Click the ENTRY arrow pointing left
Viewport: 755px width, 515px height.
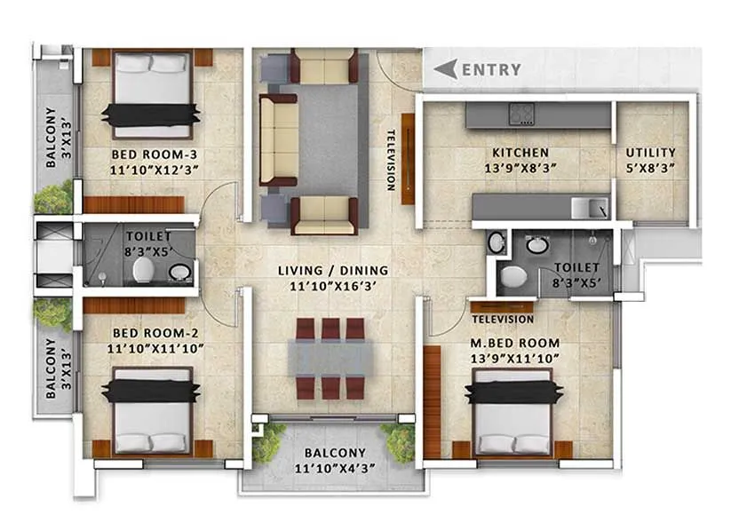(x=446, y=68)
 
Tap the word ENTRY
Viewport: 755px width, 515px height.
(x=491, y=69)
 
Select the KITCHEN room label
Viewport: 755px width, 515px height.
(x=514, y=153)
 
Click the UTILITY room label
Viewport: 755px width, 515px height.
(x=650, y=153)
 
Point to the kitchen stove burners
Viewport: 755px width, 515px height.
(x=520, y=114)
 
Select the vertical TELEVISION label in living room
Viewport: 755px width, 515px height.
(x=390, y=161)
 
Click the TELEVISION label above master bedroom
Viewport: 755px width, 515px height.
(x=503, y=319)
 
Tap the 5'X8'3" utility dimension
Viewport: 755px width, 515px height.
(x=650, y=167)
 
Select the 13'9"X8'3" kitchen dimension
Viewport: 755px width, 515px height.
(x=514, y=167)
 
